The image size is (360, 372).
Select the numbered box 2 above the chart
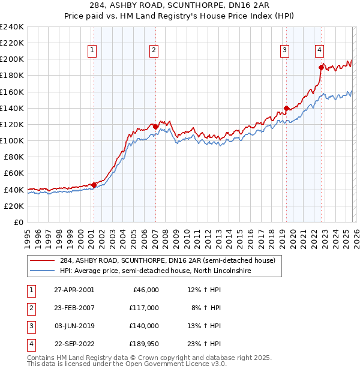(x=154, y=51)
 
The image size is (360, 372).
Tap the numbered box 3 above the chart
(x=284, y=51)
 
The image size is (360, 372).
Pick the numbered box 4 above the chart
(x=320, y=51)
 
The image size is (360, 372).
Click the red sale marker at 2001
(x=94, y=185)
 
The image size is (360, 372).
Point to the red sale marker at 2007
(x=155, y=127)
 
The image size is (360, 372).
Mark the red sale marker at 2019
(x=286, y=108)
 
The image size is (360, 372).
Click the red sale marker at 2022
(x=321, y=67)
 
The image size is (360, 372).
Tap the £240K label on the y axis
(x=12, y=27)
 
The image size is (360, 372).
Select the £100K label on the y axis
(x=12, y=140)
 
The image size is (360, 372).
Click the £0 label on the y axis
(x=19, y=222)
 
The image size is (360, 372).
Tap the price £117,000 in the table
(x=144, y=308)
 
